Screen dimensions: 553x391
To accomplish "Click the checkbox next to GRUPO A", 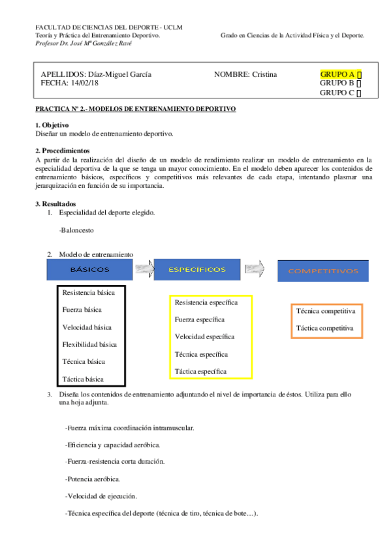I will [x=360, y=74].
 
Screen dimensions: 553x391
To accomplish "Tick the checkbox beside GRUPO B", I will [x=360, y=83].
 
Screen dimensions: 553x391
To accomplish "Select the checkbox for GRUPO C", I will [x=360, y=93].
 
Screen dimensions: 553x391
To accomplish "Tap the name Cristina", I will [x=264, y=74].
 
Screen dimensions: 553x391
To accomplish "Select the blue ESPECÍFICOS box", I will [x=197, y=269].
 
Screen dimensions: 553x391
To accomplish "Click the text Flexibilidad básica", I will [x=89, y=344].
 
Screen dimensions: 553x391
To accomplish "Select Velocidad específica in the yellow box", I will [x=204, y=336].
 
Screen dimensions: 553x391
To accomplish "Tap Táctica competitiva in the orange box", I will [x=325, y=328].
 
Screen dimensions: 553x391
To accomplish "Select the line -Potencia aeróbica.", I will [x=92, y=479].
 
